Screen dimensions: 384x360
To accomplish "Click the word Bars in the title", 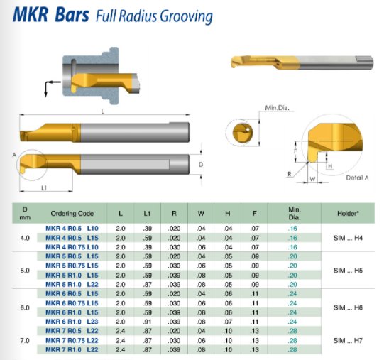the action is (72, 15).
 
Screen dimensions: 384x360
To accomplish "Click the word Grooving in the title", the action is (187, 16).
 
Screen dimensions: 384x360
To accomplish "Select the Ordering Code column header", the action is (72, 214).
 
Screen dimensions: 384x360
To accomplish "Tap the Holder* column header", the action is (348, 214).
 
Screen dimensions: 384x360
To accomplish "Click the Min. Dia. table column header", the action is (295, 214).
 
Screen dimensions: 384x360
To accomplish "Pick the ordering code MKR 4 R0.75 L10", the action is (72, 247).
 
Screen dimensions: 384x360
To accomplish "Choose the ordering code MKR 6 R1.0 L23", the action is (72, 322).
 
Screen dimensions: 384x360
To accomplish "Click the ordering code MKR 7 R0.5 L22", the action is (72, 331).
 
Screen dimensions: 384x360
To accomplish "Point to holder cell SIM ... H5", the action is (348, 271).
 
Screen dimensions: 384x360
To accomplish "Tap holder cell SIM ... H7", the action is (348, 340).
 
